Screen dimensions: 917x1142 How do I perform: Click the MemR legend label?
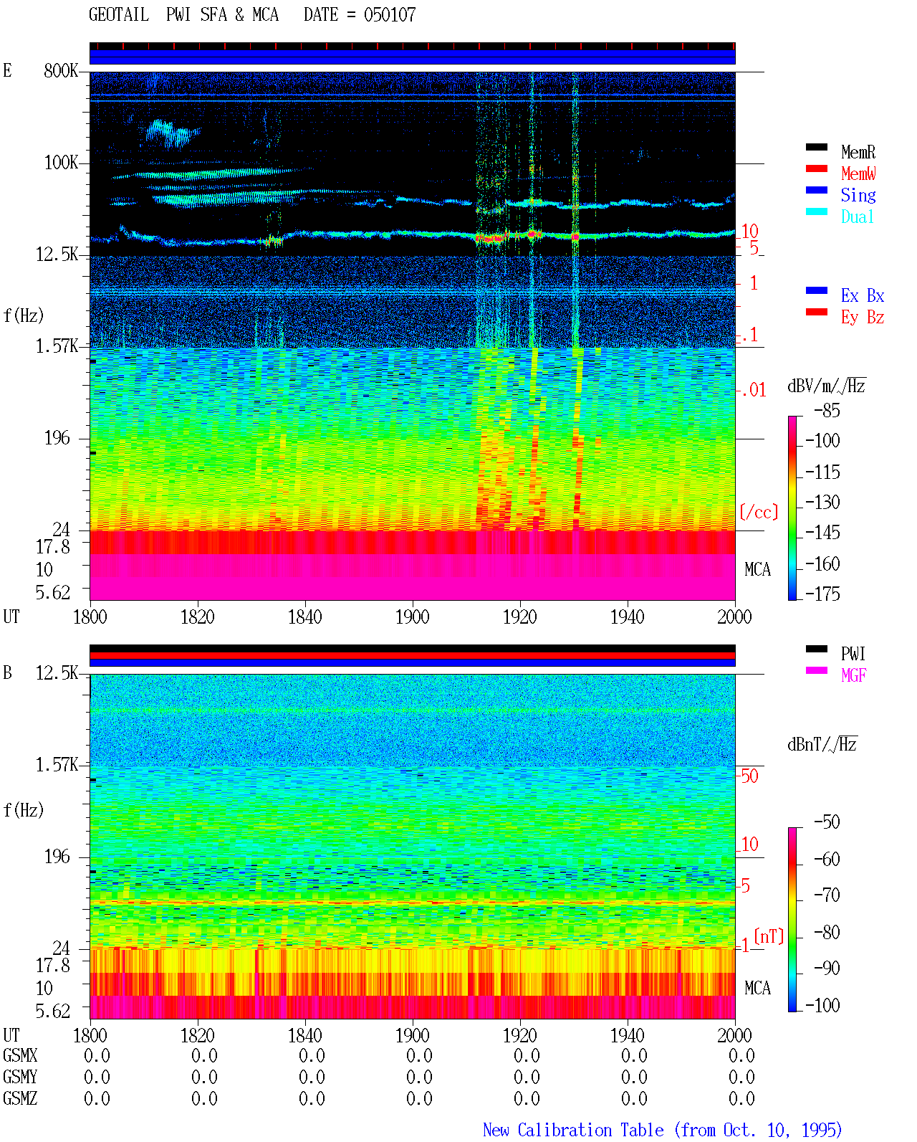858,152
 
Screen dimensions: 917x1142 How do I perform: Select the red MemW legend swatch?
816,168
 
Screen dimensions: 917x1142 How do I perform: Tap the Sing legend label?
858,195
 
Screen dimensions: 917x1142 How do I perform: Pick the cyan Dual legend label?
857,216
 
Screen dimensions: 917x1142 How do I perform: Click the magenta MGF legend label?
853,675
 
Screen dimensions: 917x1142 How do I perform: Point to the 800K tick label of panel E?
60,70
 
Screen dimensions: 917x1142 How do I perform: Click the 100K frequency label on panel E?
60,163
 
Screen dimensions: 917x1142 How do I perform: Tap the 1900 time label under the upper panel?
412,617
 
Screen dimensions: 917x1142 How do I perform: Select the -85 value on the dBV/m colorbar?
827,410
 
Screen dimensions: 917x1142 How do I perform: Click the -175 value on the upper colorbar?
822,594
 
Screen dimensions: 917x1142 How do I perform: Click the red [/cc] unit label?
759,512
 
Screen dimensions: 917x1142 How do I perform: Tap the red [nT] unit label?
769,936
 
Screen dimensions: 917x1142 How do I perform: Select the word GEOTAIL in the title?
119,14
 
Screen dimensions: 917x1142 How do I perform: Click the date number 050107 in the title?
390,14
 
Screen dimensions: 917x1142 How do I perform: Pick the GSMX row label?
20,1055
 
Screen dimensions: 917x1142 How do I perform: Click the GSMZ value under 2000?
741,1098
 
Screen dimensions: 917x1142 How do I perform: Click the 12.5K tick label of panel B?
56,673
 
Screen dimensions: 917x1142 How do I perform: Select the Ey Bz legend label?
863,317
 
